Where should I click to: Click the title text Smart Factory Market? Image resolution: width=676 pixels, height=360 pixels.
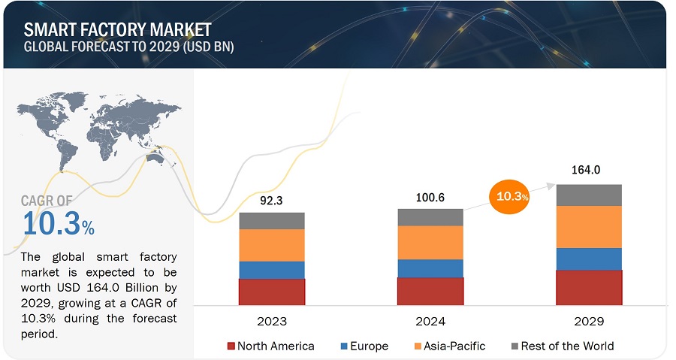click(x=117, y=29)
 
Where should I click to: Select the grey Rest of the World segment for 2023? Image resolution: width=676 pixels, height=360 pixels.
click(x=272, y=220)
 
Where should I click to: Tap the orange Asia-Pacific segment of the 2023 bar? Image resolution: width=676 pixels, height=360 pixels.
click(x=272, y=245)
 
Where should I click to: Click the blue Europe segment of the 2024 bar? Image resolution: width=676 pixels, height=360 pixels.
click(x=430, y=268)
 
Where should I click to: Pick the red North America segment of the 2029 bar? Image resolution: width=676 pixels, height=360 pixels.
click(x=589, y=287)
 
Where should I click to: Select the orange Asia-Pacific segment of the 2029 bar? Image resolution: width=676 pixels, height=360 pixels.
click(x=589, y=227)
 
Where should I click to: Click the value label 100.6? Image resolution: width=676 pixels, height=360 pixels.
click(x=430, y=197)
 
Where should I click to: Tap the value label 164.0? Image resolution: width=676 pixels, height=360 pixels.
click(x=589, y=171)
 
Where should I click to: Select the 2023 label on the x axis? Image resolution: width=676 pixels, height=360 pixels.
click(x=272, y=321)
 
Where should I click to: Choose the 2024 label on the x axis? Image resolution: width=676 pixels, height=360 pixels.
click(x=430, y=321)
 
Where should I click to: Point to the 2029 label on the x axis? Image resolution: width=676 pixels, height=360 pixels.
click(x=589, y=321)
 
